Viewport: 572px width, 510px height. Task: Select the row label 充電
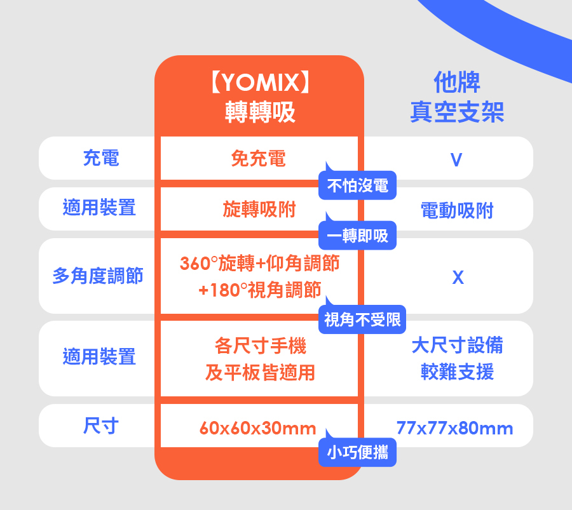click(x=100, y=158)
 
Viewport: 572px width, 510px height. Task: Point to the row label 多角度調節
click(x=98, y=276)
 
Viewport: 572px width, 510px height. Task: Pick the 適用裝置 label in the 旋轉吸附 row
click(x=99, y=208)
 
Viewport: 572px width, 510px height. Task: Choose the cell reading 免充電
click(x=259, y=159)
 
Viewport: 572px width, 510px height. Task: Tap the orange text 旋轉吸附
click(x=259, y=210)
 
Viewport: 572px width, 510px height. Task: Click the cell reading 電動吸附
click(x=457, y=210)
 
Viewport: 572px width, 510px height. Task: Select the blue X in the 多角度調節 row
click(x=458, y=278)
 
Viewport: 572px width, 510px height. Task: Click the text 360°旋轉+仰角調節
click(x=259, y=263)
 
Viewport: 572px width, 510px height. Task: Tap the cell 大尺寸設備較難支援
click(x=457, y=358)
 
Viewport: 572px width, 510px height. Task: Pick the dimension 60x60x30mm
click(x=257, y=429)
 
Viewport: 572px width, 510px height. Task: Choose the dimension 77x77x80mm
click(x=454, y=429)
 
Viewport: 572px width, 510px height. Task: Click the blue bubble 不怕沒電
click(x=357, y=186)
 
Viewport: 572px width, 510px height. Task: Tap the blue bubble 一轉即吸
click(x=357, y=236)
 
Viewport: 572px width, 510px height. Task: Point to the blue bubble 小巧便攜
click(x=357, y=453)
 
